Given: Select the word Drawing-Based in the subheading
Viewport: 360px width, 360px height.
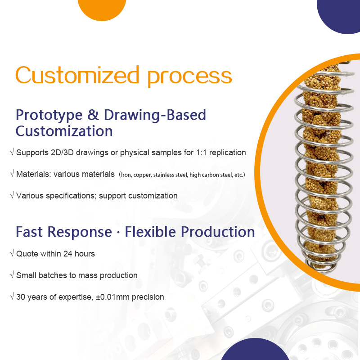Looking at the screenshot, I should pyautogui.click(x=155, y=115).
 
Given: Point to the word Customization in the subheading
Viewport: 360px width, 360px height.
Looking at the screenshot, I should pyautogui.click(x=64, y=131).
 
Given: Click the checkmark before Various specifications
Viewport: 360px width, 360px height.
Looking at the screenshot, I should pyautogui.click(x=12, y=196).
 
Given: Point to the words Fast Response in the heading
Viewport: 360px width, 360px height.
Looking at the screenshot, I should pyautogui.click(x=63, y=232).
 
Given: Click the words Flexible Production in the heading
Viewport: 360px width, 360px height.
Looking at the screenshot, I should pyautogui.click(x=190, y=232).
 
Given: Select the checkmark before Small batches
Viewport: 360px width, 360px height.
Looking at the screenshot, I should pyautogui.click(x=12, y=275).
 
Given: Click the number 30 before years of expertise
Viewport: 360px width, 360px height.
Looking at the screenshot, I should pyautogui.click(x=21, y=297).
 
